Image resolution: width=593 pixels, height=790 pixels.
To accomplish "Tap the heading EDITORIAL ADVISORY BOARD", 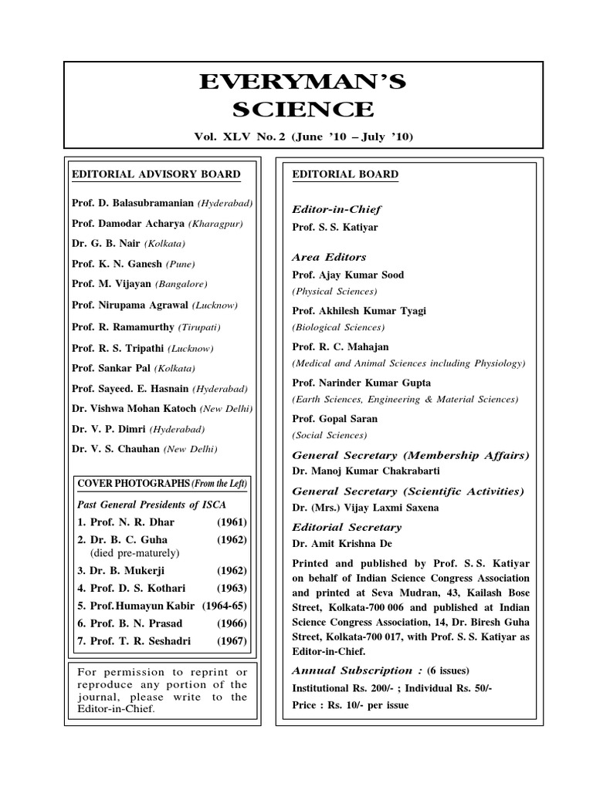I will point(155,174).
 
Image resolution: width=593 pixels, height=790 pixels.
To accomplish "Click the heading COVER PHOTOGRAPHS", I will point(131,483).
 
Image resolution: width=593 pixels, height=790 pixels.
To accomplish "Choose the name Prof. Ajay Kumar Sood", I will point(347,275).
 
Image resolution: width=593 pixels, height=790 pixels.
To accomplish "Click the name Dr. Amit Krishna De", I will point(343,544).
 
